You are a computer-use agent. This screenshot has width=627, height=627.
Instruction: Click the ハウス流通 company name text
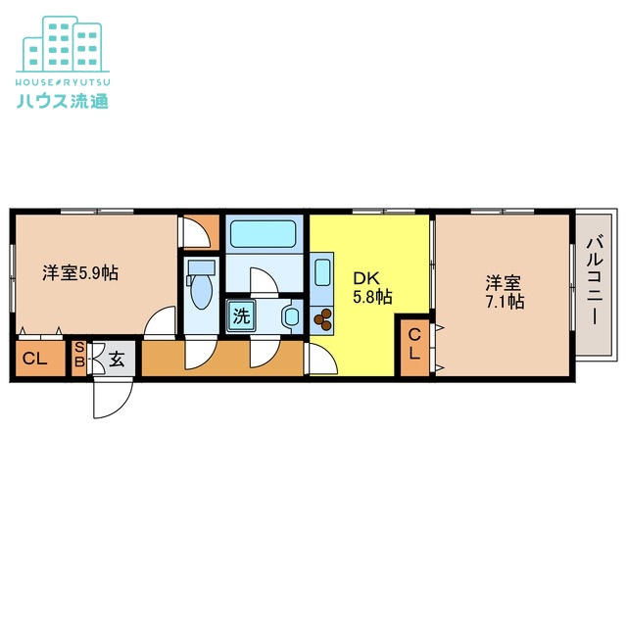click(x=62, y=99)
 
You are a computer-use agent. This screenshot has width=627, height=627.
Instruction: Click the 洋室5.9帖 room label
click(x=80, y=273)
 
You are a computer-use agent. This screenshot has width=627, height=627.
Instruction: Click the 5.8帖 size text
click(x=372, y=296)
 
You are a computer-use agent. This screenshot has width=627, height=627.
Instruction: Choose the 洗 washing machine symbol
click(x=240, y=316)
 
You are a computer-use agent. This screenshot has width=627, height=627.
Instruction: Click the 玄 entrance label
click(x=117, y=359)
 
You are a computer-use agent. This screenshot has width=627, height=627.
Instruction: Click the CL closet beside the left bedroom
click(x=34, y=359)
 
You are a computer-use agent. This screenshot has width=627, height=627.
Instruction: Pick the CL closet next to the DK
click(x=414, y=345)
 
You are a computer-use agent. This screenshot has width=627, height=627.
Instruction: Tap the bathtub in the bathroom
click(x=262, y=235)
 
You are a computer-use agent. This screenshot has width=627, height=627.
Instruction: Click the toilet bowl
click(x=201, y=289)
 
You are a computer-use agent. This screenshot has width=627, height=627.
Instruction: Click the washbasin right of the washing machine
click(x=289, y=316)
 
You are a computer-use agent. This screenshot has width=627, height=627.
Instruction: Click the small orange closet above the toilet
click(x=200, y=232)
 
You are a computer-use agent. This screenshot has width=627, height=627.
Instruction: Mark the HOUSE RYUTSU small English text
click(x=61, y=80)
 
